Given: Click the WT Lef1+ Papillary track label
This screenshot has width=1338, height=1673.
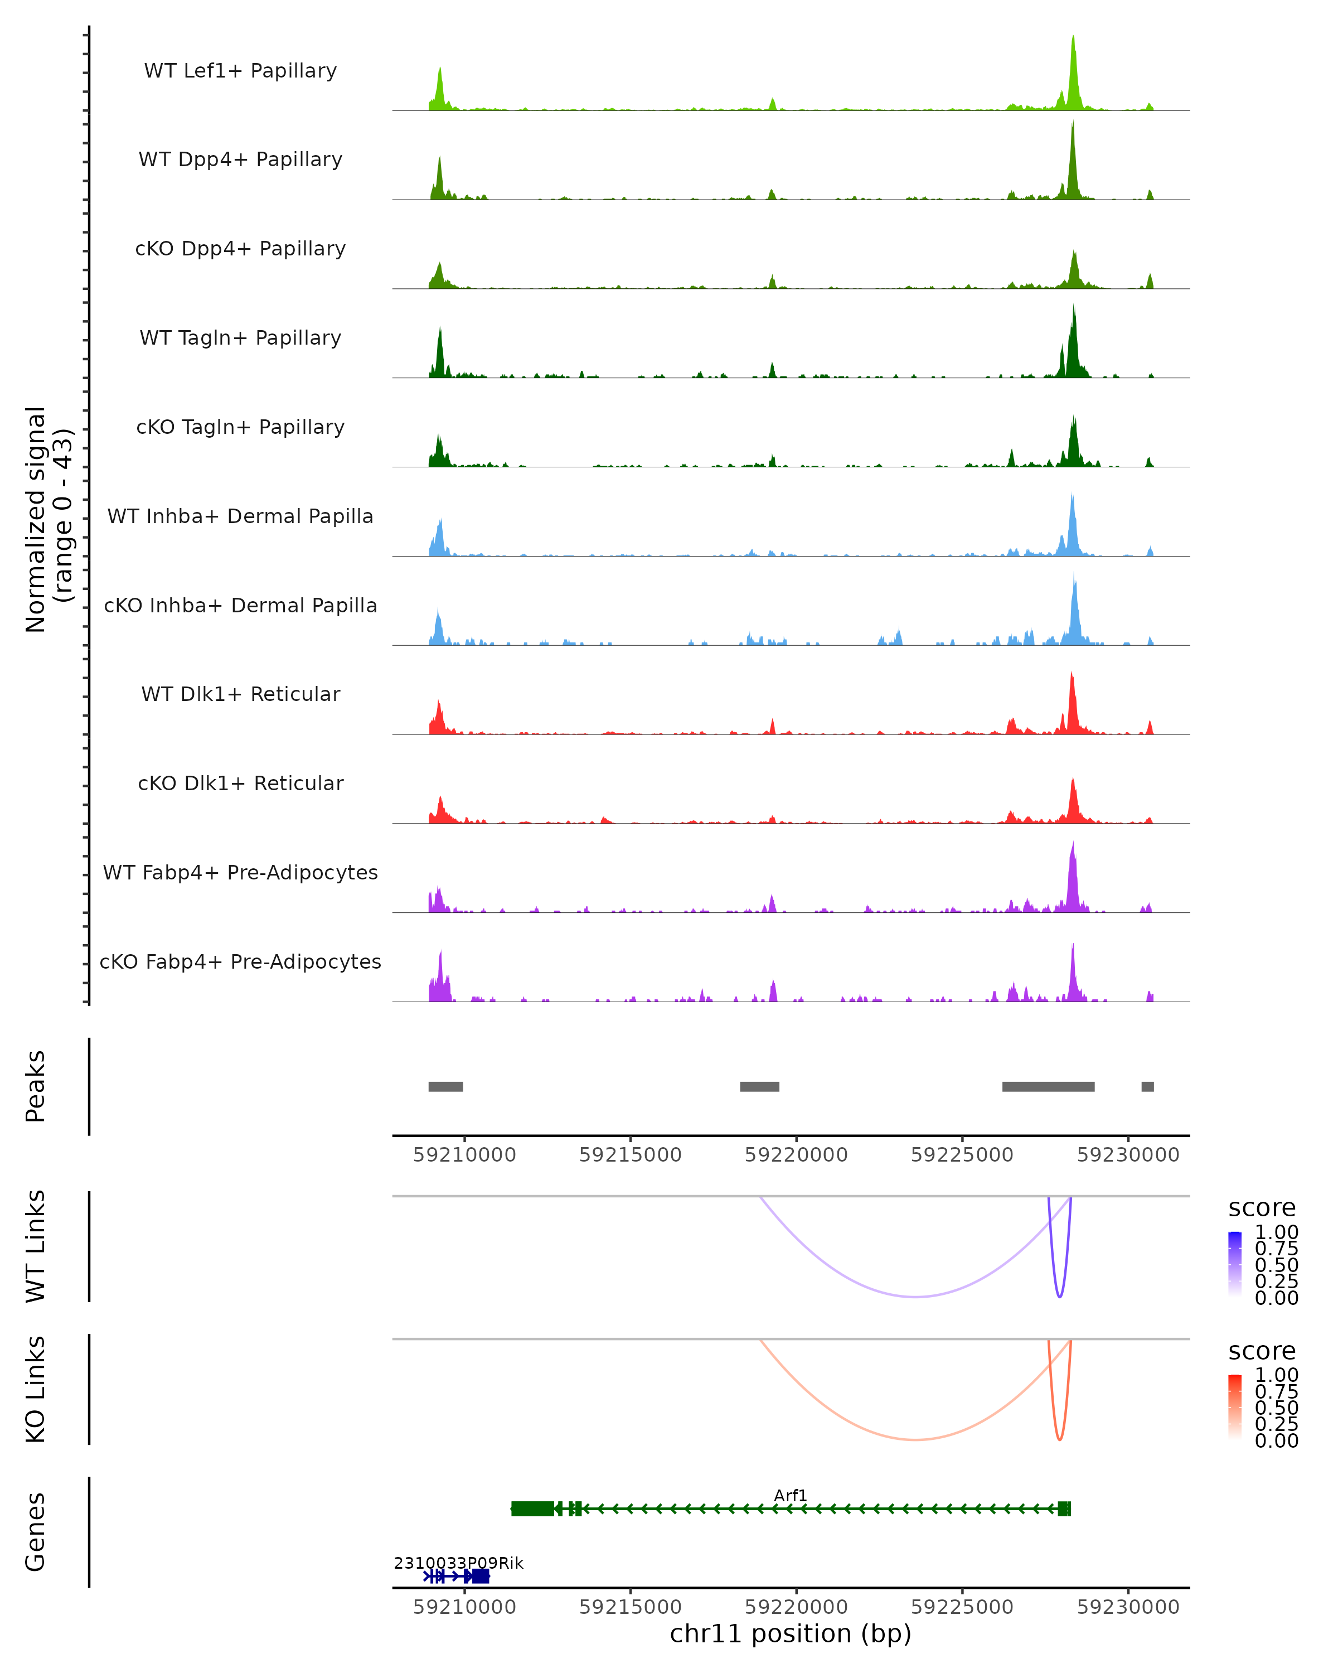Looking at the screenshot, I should (x=240, y=71).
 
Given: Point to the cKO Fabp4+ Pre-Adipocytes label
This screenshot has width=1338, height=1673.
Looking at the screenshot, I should (x=240, y=961).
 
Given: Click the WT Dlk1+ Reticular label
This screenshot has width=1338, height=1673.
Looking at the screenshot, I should (x=240, y=694).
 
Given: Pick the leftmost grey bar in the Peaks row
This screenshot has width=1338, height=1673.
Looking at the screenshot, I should (x=445, y=1086).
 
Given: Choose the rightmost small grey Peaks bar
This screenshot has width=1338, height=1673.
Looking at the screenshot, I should (x=1147, y=1086).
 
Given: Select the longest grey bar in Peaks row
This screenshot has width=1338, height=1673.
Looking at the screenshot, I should (x=1048, y=1086).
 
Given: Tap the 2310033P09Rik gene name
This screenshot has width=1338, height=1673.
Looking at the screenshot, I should (x=458, y=1563).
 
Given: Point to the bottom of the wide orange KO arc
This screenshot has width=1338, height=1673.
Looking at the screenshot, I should (x=916, y=1439).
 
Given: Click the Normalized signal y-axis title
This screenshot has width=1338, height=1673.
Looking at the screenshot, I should (x=48, y=519).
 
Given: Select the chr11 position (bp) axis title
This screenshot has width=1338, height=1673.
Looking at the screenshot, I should (x=791, y=1633).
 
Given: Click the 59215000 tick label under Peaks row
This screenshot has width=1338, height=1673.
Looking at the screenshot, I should (x=630, y=1155).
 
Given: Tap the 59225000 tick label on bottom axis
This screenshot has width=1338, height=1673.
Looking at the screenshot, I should (x=962, y=1607).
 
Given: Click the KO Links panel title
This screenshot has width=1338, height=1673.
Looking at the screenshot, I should (x=36, y=1389).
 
